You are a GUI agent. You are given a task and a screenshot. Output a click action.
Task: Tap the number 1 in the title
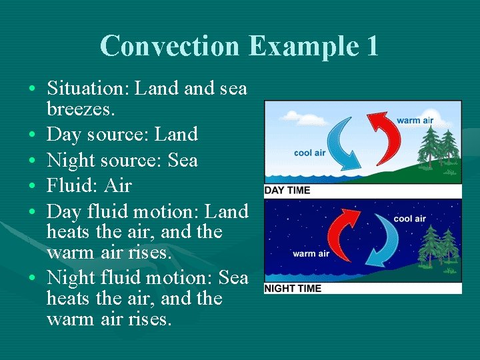coord(372,46)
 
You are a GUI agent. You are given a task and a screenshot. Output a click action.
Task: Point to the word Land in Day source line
coord(176,134)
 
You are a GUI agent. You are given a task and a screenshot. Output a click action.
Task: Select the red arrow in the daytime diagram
coord(389,137)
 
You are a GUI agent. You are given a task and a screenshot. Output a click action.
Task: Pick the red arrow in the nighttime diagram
coord(339,235)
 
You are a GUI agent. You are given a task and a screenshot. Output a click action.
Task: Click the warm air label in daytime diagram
coord(415,121)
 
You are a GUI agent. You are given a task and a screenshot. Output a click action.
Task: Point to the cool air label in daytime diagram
coord(310,153)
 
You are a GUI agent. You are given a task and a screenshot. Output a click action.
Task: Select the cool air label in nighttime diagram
coord(409,219)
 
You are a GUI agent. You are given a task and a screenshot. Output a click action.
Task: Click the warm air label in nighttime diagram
coord(311,253)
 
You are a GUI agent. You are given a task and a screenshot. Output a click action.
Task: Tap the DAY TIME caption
coord(287,190)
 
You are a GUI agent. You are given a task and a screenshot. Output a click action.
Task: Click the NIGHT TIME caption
coord(293,288)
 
